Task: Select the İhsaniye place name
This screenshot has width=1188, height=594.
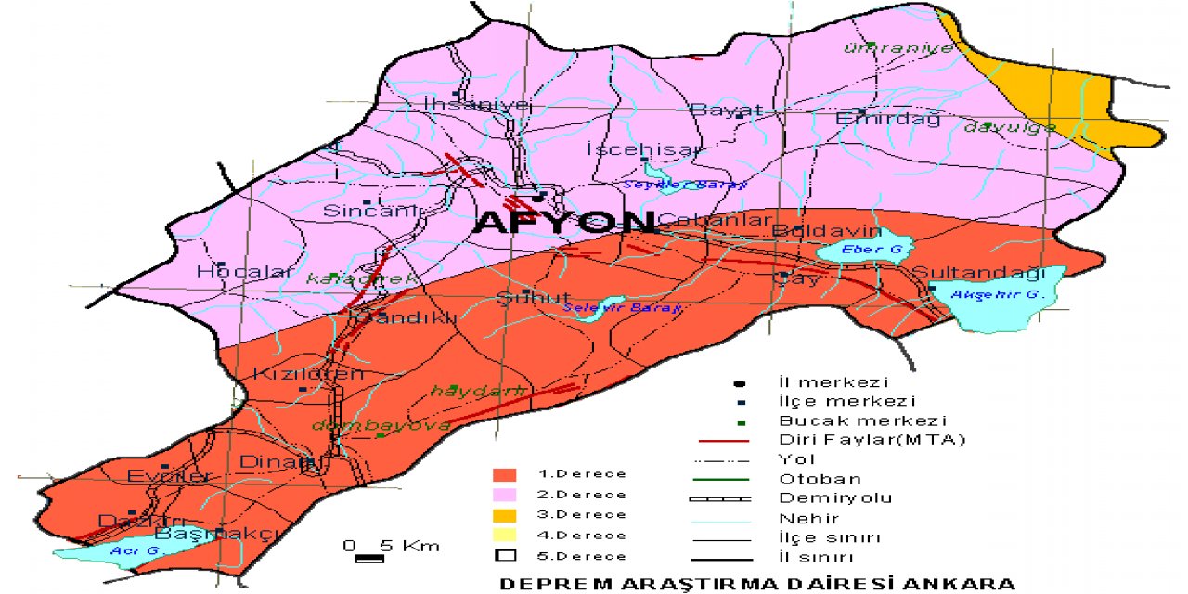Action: pos(478,103)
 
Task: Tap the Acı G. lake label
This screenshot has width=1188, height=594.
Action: pos(123,550)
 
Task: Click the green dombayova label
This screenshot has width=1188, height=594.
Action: pos(381,425)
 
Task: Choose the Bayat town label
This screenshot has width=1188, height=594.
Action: pos(727,110)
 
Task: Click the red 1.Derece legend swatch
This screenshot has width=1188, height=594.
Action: pos(505,474)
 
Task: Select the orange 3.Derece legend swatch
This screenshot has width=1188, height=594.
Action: pos(505,515)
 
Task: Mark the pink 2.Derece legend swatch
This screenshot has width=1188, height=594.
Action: pos(505,495)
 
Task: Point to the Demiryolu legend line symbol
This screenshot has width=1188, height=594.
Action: pos(723,498)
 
